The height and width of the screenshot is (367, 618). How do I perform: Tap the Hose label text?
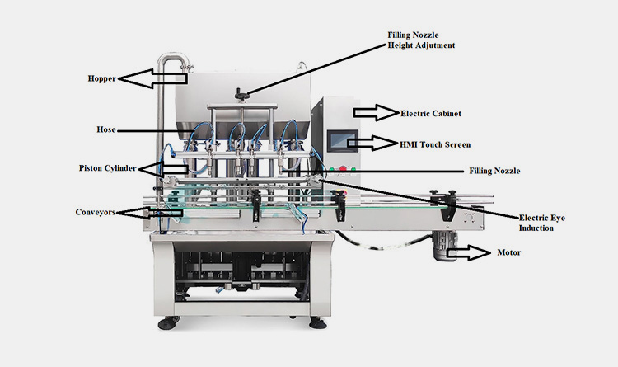pos(105,129)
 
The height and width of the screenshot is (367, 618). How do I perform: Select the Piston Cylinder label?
pos(105,167)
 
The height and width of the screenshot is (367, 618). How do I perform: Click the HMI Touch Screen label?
pos(435,144)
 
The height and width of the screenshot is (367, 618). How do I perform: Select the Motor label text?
pos(509,254)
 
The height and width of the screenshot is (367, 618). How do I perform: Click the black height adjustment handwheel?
pos(240,92)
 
